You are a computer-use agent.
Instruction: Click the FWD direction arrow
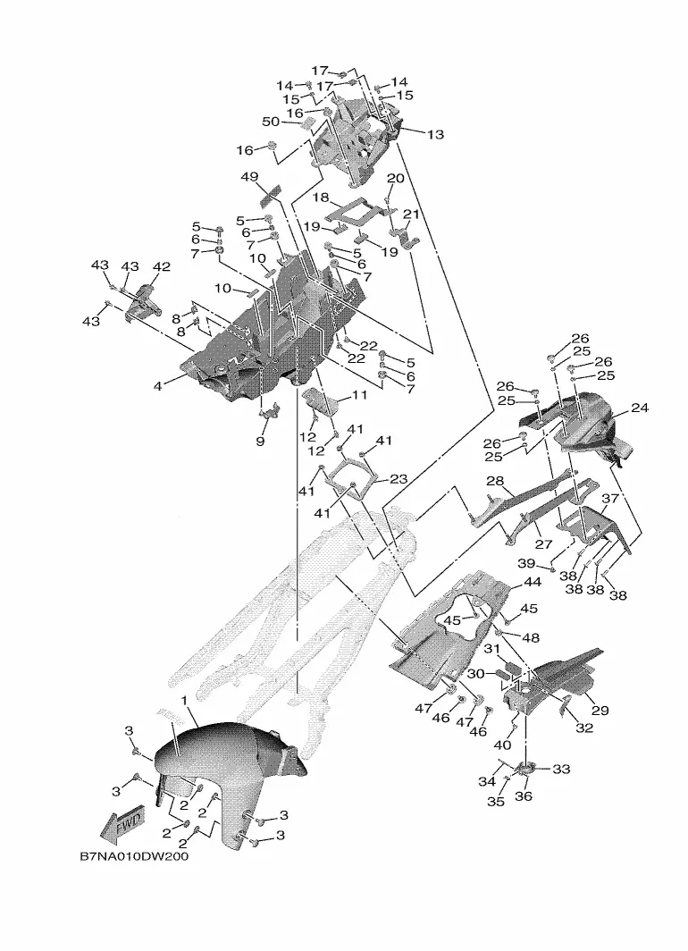pos(123,827)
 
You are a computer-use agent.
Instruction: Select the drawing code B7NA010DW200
pos(134,857)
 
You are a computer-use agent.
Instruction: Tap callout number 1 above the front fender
pos(184,701)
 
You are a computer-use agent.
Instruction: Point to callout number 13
pos(435,134)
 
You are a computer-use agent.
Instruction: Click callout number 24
pos(640,408)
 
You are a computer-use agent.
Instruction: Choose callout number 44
pos(533,582)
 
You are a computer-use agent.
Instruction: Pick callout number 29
pos(600,710)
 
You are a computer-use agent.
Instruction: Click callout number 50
pos(271,122)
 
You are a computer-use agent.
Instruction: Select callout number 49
pos(250,176)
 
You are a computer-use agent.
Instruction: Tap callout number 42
pos(161,266)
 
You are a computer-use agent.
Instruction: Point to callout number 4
pos(158,385)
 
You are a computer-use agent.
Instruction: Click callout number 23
pos(399,479)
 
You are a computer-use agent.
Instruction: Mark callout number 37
pos(609,499)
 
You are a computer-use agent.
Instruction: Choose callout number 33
pos(561,769)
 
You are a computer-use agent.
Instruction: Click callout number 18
pos(321,198)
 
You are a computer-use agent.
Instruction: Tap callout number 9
pos(260,441)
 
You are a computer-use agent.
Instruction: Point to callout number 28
pos(495,481)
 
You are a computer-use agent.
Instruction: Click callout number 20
pos(395,179)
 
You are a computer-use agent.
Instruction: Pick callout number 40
pos(503,745)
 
